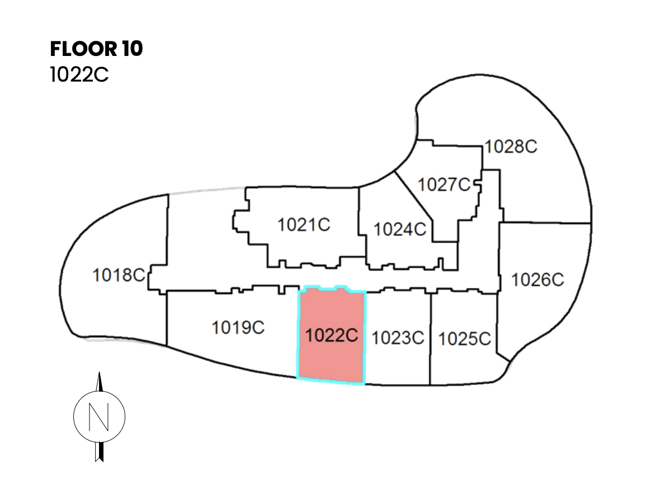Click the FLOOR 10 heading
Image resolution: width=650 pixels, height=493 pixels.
[x=96, y=49]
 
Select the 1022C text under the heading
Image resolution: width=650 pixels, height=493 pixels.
[x=79, y=74]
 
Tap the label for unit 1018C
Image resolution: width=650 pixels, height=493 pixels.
[x=119, y=275]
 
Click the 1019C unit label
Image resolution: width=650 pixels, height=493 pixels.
[x=238, y=327]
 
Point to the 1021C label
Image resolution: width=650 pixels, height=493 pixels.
[x=304, y=225]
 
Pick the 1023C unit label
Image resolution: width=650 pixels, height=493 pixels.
[x=398, y=337]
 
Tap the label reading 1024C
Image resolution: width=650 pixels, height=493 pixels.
[x=400, y=229]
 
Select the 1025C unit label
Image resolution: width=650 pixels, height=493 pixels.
[x=464, y=339]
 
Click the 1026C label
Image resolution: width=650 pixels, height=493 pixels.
[x=538, y=279]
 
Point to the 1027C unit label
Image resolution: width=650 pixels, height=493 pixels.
[x=445, y=184]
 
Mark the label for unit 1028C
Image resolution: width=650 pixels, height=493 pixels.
[x=511, y=147]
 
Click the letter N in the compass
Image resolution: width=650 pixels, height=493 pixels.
[x=100, y=416]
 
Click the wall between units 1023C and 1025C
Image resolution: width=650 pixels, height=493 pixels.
[x=431, y=339]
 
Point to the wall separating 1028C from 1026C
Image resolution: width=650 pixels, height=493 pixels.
[x=545, y=223]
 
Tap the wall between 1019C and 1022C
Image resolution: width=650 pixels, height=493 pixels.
[x=298, y=336]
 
